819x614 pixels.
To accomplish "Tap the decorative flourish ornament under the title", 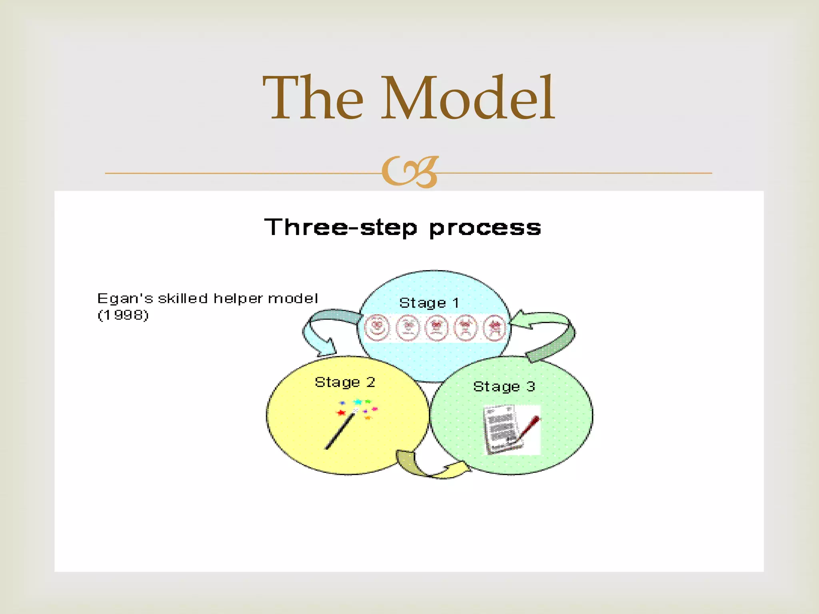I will click(x=409, y=172).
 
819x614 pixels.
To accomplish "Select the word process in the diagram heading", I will click(x=485, y=228).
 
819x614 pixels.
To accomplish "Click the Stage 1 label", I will click(x=429, y=303).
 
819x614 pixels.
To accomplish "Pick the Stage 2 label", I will click(x=345, y=382).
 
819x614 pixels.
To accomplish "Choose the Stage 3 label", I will click(x=504, y=387).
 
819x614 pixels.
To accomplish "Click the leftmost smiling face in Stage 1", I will click(x=377, y=327).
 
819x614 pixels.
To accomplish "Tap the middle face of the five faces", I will click(x=436, y=327).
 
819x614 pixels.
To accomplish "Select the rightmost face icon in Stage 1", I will click(x=495, y=327).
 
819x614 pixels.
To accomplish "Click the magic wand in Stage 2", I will click(x=340, y=432).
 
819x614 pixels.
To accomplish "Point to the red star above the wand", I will click(x=341, y=413).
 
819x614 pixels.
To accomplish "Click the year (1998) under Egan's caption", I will click(x=123, y=315).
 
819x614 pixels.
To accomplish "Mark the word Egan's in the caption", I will click(x=125, y=299).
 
